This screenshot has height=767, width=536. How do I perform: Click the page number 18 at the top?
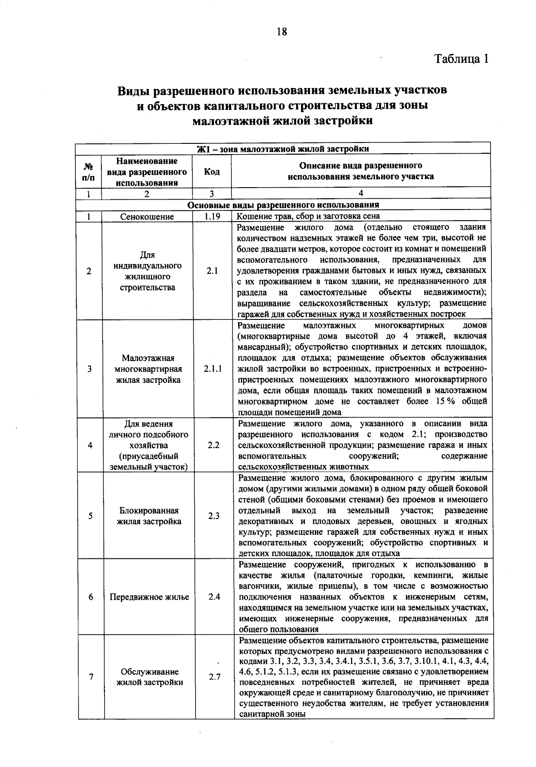pyautogui.click(x=282, y=31)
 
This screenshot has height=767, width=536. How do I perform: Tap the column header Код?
pyautogui.click(x=212, y=172)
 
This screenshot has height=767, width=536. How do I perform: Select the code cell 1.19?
pyautogui.click(x=212, y=216)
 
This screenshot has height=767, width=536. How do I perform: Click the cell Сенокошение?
pyautogui.click(x=147, y=217)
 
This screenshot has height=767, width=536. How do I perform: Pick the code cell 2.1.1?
pyautogui.click(x=213, y=369)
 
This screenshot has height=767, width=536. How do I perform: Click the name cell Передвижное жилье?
pyautogui.click(x=150, y=597)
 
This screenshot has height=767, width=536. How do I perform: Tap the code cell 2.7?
pyautogui.click(x=214, y=677)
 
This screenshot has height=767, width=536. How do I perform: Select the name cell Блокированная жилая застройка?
pyautogui.click(x=149, y=516)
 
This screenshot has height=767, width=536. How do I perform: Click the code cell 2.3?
pyautogui.click(x=214, y=516)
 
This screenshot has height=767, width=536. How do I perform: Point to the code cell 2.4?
pyautogui.click(x=214, y=597)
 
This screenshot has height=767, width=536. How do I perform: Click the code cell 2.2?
pyautogui.click(x=214, y=445)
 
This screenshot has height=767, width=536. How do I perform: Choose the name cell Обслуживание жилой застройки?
pyautogui.click(x=150, y=677)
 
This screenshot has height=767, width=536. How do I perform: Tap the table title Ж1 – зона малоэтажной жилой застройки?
pyautogui.click(x=283, y=149)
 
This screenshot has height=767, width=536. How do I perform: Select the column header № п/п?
pyautogui.click(x=89, y=172)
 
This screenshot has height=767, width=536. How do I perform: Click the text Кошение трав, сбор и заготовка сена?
pyautogui.click(x=308, y=216)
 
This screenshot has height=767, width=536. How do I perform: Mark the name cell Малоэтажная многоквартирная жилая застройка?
pyautogui.click(x=148, y=369)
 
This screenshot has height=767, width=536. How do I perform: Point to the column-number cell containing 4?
pyautogui.click(x=361, y=193)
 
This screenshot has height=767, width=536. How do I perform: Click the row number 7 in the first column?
pyautogui.click(x=91, y=677)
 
